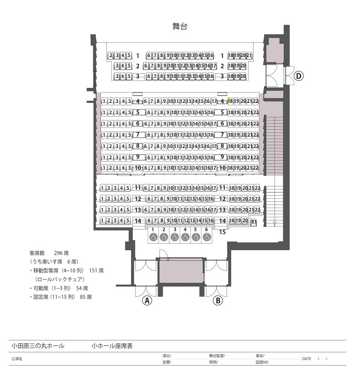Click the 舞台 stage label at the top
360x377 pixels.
click(180, 27)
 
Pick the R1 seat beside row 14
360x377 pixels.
click(254, 222)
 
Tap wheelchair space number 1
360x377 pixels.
click(153, 237)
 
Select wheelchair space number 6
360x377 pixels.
click(206, 237)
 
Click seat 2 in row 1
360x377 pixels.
click(111, 55)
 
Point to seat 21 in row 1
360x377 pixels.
click(249, 55)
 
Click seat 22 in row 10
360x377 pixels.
click(256, 168)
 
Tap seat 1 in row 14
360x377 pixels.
click(103, 220)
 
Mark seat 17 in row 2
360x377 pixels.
click(214, 66)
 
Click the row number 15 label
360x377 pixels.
click(222, 232)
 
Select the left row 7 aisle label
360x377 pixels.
click(138, 134)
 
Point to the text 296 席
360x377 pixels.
click(62, 253)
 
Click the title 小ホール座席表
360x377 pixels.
click(112, 346)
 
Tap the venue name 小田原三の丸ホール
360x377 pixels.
click(38, 346)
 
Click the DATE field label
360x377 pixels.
click(307, 358)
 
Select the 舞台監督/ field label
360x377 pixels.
click(217, 356)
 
